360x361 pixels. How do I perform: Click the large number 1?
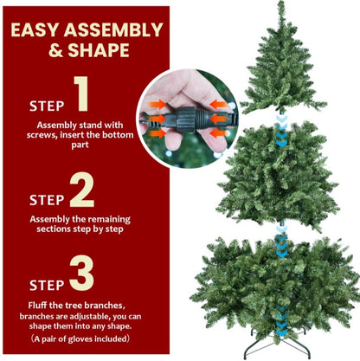80,96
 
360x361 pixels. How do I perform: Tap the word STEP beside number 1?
45,106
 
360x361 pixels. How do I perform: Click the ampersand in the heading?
55,50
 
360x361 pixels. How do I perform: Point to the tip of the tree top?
281,4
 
